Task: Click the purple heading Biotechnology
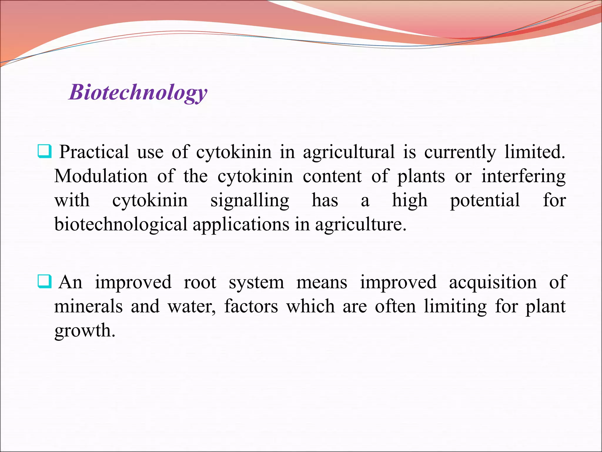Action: pyautogui.click(x=138, y=92)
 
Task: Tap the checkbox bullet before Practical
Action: pyautogui.click(x=45, y=151)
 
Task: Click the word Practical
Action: pyautogui.click(x=94, y=152)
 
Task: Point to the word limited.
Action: pyautogui.click(x=535, y=152)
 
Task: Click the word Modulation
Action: pyautogui.click(x=101, y=176)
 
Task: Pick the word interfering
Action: pyautogui.click(x=523, y=177)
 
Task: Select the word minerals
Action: pyautogui.click(x=88, y=306)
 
